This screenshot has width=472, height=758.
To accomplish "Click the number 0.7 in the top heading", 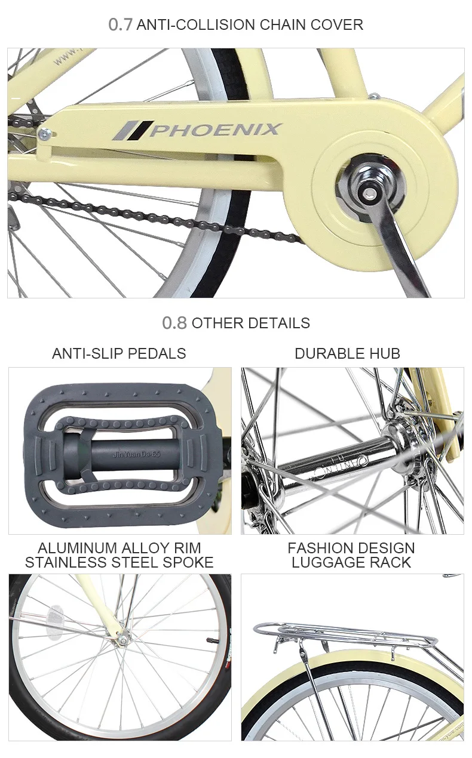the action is (x=120, y=24).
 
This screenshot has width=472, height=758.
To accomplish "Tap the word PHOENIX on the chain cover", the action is (x=214, y=130).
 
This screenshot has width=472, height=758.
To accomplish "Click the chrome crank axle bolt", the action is (x=366, y=187).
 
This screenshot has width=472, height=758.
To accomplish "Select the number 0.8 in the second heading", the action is (x=174, y=323).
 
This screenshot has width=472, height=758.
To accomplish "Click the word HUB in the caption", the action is (x=387, y=353).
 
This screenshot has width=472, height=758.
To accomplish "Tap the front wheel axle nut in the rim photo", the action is (x=123, y=640).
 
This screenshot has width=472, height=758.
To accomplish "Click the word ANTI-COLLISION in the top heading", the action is (x=195, y=24).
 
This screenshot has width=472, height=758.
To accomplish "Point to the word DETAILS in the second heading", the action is (x=280, y=323).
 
